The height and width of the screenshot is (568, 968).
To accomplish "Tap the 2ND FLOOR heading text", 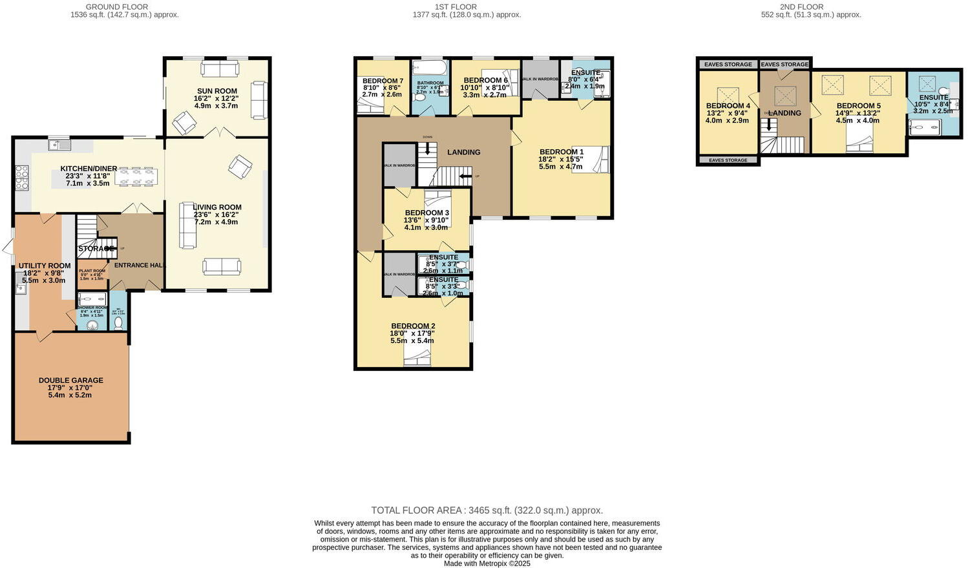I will (801, 6).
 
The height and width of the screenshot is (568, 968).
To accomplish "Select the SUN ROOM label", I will (216, 91).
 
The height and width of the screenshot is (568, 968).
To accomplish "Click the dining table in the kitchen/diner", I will (136, 176).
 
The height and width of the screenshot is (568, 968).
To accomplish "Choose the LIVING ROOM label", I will (217, 207).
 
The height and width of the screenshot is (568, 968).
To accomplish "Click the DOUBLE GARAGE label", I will (70, 381).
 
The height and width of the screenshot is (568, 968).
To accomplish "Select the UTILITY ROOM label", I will (45, 266).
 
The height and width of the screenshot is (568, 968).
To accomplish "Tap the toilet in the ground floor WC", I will (118, 323).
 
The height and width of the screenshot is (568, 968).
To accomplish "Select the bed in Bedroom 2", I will (417, 357).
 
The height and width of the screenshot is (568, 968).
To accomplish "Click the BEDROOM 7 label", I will (379, 81).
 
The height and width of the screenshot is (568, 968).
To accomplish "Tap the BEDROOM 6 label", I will (485, 81).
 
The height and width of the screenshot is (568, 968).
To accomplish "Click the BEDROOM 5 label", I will (858, 106).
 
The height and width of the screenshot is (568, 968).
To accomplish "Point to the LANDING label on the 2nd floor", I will (785, 113).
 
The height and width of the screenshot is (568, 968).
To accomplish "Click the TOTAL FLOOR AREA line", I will (487, 510).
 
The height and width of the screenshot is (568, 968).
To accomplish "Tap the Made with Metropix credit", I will (487, 563).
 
